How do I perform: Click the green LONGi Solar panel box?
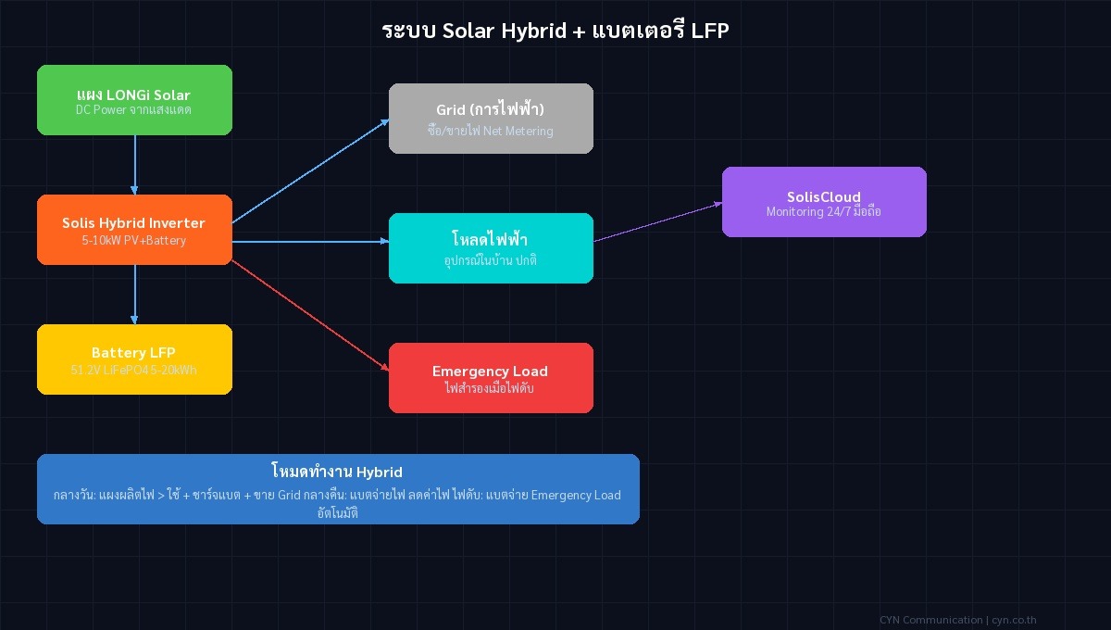coord(134,100)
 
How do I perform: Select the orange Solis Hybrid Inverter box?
coord(134,230)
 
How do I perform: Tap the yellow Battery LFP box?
coord(134,359)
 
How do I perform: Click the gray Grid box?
coord(491,119)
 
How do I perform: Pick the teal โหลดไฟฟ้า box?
coord(491,248)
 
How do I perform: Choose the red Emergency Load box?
coord(491,378)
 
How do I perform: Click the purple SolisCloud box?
coord(824,202)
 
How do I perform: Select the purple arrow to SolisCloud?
coord(657,222)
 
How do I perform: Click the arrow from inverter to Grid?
coord(310,171)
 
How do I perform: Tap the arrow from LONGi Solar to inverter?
coord(135,165)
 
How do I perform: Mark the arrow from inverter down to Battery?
coord(135,295)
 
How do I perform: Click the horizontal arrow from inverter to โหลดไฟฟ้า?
coord(310,242)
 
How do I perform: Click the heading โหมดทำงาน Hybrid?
coord(337,472)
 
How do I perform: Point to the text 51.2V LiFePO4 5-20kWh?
coord(134,370)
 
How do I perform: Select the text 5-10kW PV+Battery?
coord(134,240)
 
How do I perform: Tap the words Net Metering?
coord(518,131)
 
